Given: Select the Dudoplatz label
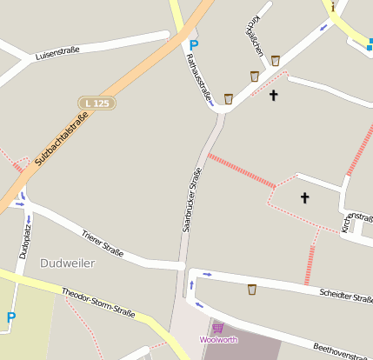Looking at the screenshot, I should pos(27,240).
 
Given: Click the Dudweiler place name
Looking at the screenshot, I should pos(67,263).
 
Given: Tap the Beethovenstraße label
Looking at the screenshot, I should pos(343,350).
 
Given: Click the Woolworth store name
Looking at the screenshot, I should pos(217,339).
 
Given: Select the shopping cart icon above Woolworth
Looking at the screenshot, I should pos(217,328).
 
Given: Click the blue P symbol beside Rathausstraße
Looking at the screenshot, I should pos(193,44).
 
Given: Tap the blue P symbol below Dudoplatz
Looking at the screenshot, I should pos(10,318).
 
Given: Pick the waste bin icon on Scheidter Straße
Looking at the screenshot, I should pos(252,289).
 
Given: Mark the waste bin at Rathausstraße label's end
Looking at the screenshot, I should pos(228,98).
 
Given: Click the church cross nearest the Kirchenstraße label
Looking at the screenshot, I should pos(304,197).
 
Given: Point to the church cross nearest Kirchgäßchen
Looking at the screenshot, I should pos(274,94).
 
